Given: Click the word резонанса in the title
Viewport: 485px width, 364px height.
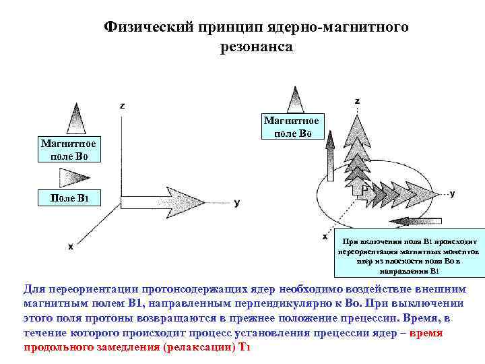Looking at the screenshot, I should point(256,47).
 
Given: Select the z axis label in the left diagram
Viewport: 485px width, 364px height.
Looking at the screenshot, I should point(122,106).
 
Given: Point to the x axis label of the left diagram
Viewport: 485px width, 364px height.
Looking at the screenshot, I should point(71,246).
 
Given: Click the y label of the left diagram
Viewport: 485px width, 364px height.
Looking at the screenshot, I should point(237,202).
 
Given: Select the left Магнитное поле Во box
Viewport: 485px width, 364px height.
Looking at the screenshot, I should point(68,150).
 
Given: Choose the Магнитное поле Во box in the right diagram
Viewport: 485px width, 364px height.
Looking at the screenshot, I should point(292,127).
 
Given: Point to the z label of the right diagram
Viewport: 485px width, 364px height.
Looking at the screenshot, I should point(357,100).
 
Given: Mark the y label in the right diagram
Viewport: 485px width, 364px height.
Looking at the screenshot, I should point(452,193).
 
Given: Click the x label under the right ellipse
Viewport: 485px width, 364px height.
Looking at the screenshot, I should point(325,237).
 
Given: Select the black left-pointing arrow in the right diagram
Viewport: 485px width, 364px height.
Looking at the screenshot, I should point(418,220).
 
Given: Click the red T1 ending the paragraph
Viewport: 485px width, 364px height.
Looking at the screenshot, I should point(245,347).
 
